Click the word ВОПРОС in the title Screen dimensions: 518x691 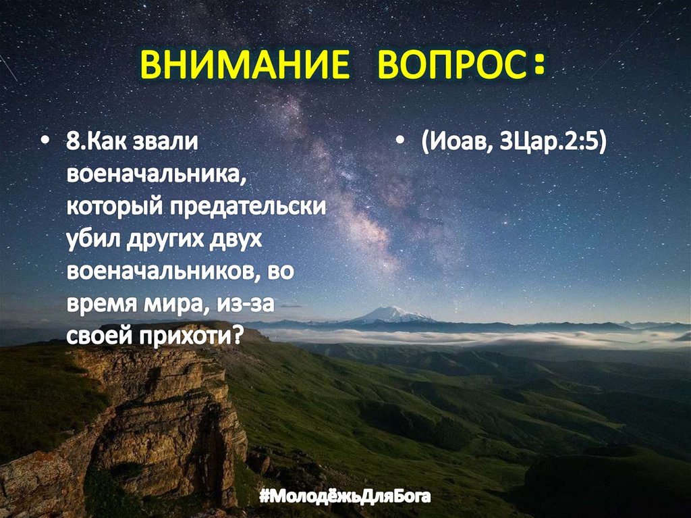(x=447, y=66)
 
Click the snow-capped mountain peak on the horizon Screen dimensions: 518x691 (x=393, y=313)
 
